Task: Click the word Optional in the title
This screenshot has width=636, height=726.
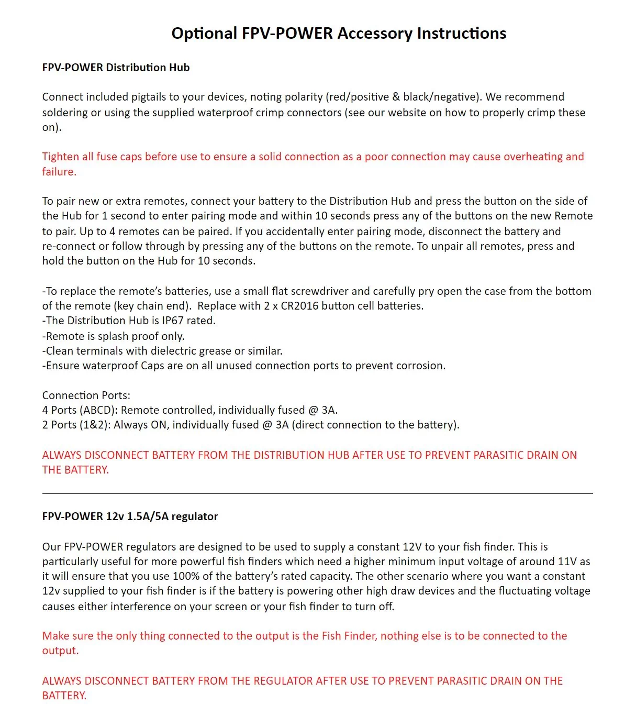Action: (204, 34)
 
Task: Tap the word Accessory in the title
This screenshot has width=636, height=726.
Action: (375, 34)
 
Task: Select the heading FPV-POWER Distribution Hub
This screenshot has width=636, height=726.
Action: (116, 68)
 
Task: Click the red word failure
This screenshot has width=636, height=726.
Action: (59, 172)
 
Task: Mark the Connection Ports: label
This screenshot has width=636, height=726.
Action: (86, 395)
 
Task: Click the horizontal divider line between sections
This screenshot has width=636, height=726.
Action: (317, 493)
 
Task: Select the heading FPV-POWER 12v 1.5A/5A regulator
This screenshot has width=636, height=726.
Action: (130, 516)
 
